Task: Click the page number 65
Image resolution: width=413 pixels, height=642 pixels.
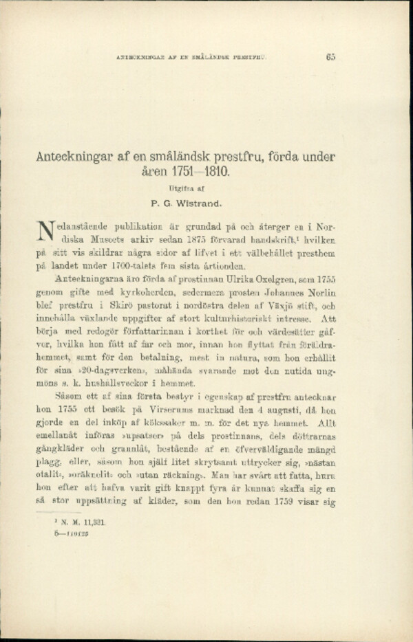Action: [x=330, y=58]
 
